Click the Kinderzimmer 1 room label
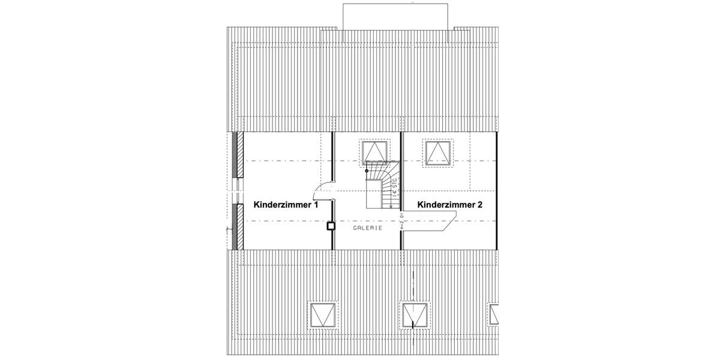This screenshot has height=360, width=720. pos(286,205)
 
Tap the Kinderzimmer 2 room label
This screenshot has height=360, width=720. pos(450,205)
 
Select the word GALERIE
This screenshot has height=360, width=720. pos(367,228)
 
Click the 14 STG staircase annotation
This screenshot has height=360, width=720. pos(394,187)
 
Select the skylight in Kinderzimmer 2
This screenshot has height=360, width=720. pos(439,153)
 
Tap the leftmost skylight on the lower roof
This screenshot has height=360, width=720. pos(324,314)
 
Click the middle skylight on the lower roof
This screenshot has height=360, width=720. pos(415,314)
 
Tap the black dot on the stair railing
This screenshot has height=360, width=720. pos(367,170)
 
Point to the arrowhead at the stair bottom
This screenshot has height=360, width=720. pos(391,206)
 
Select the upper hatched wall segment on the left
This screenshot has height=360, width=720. pos(239,154)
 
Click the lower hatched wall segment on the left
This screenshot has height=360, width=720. pos(239,226)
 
